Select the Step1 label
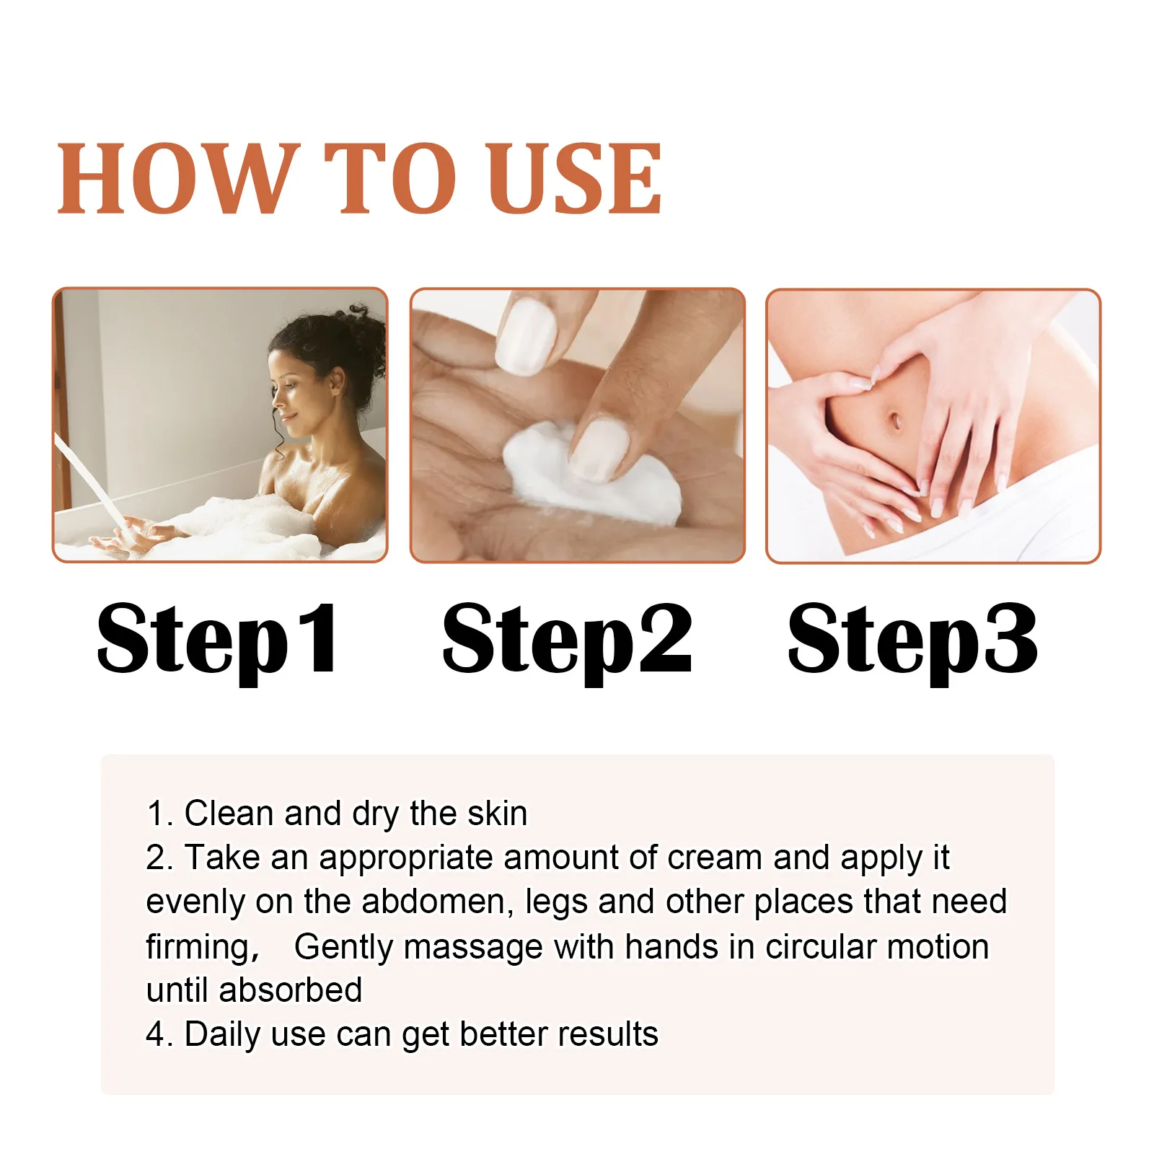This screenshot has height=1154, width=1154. pyautogui.click(x=217, y=639)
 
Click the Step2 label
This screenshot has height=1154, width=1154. pyautogui.click(x=567, y=639)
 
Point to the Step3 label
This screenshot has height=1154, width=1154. pyautogui.click(x=912, y=639)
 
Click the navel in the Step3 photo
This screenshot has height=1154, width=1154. pyautogui.click(x=896, y=420)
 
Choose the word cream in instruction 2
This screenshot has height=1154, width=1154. pyautogui.click(x=715, y=858)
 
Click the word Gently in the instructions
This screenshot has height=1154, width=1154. pyautogui.click(x=344, y=947)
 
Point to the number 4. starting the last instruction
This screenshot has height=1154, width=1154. pyautogui.click(x=159, y=1034)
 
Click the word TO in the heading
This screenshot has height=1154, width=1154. pyautogui.click(x=389, y=179)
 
